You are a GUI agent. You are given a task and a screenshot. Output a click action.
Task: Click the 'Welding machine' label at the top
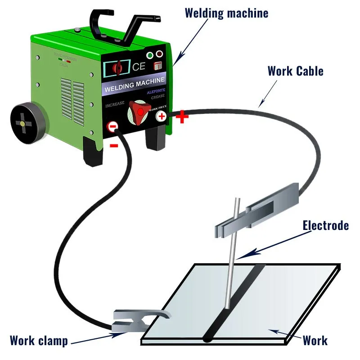click(x=226, y=13)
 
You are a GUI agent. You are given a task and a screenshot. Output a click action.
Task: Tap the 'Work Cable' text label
click(x=295, y=71)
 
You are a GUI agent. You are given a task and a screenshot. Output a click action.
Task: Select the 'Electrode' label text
click(x=325, y=225)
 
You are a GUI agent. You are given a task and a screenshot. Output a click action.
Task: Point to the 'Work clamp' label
click(x=39, y=340)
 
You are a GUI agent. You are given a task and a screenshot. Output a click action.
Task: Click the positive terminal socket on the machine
click(x=161, y=117)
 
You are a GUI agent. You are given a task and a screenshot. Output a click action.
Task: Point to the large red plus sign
click(x=182, y=117)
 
